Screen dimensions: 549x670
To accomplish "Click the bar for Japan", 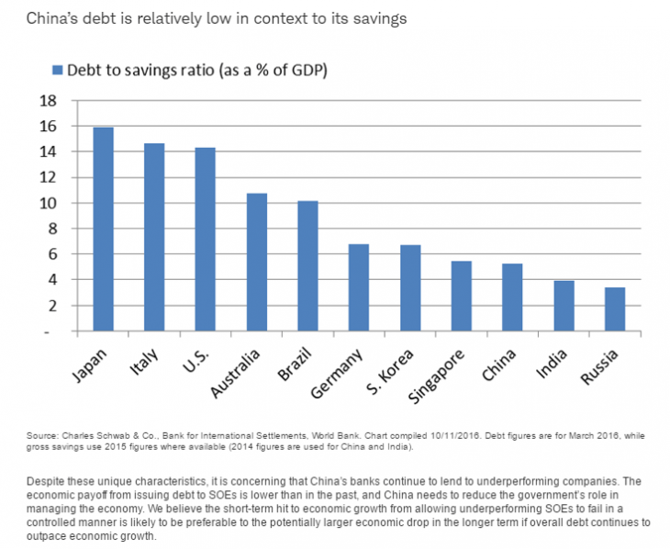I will point(104,230).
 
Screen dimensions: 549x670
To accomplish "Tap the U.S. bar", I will point(206,240).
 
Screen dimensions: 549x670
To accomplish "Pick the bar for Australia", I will point(257,262).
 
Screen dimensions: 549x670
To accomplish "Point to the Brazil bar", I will point(308,265).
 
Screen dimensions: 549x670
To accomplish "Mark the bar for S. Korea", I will point(410,288).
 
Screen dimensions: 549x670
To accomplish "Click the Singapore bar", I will point(462,296).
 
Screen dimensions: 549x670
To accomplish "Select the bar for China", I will point(513,297).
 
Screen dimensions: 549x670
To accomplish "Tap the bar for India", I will point(564,306).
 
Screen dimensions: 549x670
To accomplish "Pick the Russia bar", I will point(615,309).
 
